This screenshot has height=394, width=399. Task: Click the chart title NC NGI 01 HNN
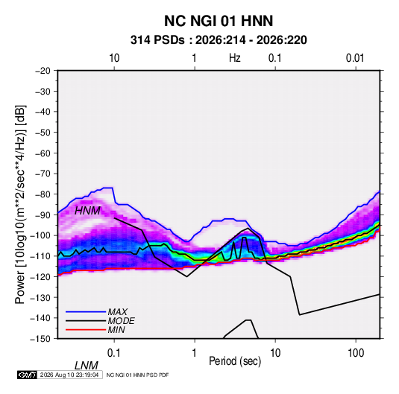219,21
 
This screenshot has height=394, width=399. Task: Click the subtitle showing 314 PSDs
219,40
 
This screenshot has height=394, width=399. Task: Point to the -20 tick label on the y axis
43,71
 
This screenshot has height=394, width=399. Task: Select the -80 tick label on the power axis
43,194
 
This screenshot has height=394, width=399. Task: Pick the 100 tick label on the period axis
356,353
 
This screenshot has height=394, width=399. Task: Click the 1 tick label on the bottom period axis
195,353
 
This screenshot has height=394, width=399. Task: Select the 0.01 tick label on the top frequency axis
355,58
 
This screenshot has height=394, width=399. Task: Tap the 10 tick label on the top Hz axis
114,58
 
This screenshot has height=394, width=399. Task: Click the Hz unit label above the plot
235,58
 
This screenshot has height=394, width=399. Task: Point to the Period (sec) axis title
235,361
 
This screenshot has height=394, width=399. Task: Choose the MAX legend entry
118,312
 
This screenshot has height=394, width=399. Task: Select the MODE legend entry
121,321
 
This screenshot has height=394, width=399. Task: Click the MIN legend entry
116,330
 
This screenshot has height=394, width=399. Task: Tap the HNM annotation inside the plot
87,211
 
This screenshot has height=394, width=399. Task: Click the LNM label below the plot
87,366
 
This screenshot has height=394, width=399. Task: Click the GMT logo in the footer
28,375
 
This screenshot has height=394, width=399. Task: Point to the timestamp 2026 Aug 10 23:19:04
69,375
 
